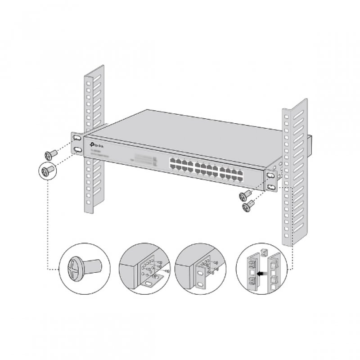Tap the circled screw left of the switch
click(47, 171)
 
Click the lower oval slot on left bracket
click(78, 149)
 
